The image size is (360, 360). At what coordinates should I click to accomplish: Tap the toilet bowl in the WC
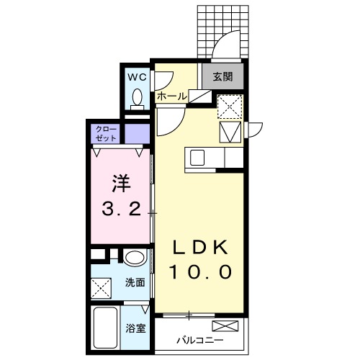pyautogui.click(x=137, y=97)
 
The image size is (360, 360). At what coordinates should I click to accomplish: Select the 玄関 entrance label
pyautogui.click(x=222, y=75)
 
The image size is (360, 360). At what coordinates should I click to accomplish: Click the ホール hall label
pyautogui.click(x=172, y=96)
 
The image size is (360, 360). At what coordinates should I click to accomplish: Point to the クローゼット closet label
pyautogui.click(x=104, y=133)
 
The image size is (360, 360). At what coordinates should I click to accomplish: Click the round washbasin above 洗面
pyautogui.click(x=134, y=258)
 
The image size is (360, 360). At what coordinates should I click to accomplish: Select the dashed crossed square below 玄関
pyautogui.click(x=231, y=106)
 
